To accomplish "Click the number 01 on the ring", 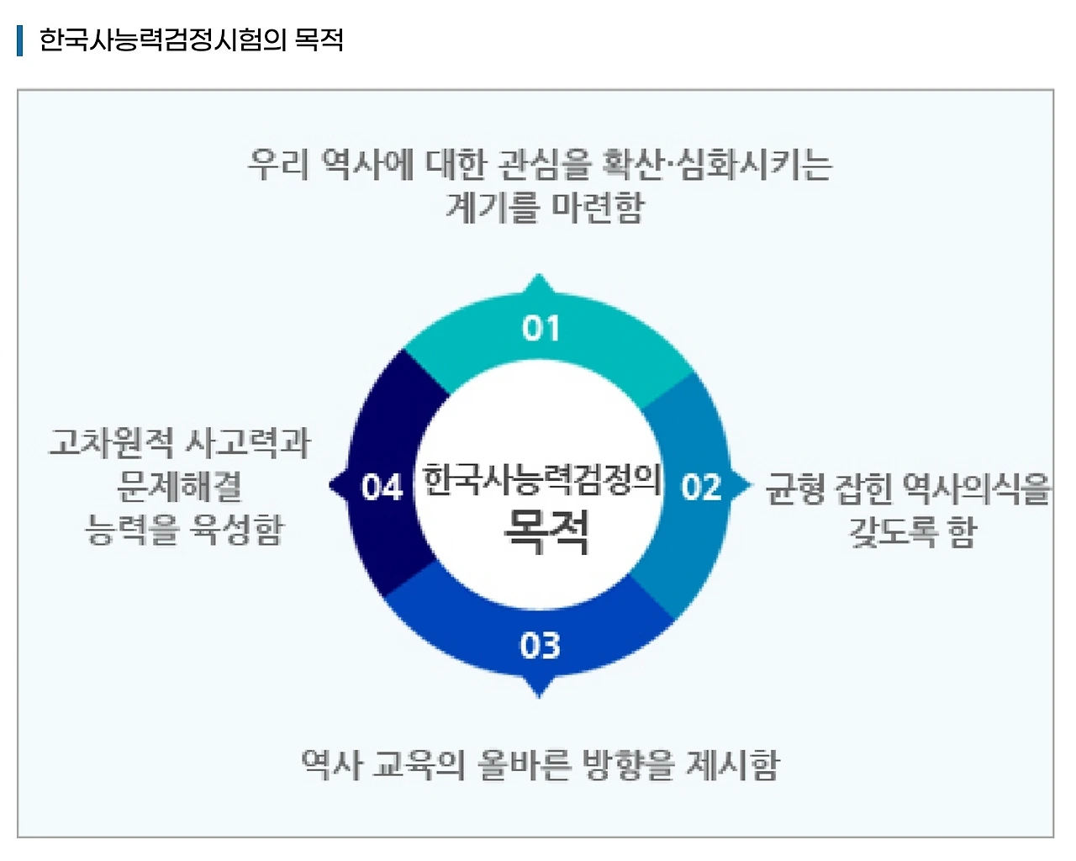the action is pos(540,328).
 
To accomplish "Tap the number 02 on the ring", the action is pos(701,487).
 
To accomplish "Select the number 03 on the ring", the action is pos(540,646).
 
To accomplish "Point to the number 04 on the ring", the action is pos(382,487).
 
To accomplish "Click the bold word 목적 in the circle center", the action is pos(546,531).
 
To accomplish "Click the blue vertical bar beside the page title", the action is pos(19,40).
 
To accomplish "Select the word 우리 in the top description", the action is pos(279,164).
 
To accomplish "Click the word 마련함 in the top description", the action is pos(598,207).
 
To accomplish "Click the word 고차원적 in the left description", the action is pos(111,442).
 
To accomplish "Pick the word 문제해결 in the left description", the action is pos(180,486).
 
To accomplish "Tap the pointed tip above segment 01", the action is pos(539,278).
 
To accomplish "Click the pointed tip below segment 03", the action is pos(539,694).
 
